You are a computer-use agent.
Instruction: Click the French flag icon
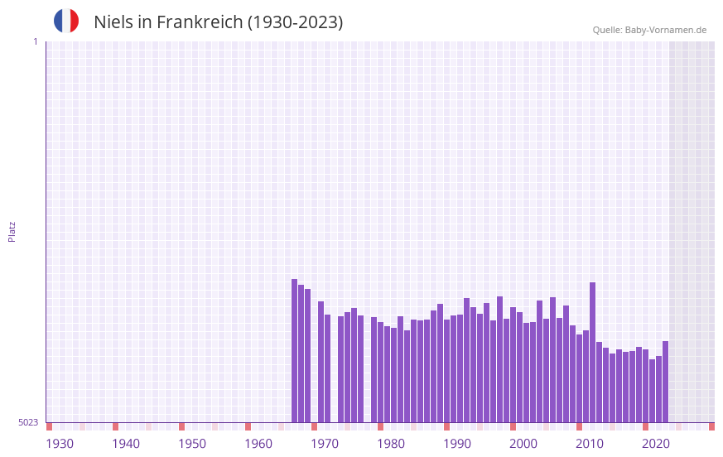(x=66, y=22)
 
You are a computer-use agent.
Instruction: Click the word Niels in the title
(x=112, y=22)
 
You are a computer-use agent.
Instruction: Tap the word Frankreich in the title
(x=196, y=22)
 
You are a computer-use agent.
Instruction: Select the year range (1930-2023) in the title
(x=295, y=22)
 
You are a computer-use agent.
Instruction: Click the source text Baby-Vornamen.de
(x=666, y=30)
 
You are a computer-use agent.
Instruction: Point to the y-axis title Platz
(x=12, y=231)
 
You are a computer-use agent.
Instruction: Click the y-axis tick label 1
(x=35, y=41)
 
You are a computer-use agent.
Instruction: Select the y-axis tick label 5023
(x=28, y=422)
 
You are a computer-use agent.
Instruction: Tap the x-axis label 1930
(x=60, y=444)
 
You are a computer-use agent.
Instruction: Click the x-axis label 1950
(x=192, y=444)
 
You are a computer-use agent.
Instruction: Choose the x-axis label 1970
(x=325, y=444)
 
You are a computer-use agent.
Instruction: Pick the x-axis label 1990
(x=457, y=444)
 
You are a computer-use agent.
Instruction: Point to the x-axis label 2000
(x=523, y=444)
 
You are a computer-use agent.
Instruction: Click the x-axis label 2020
(x=656, y=444)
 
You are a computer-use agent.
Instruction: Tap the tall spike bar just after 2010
(x=592, y=352)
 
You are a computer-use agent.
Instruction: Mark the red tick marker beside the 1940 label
(x=115, y=426)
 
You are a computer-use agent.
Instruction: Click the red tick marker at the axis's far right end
(x=711, y=426)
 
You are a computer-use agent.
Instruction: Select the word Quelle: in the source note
(x=607, y=30)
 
